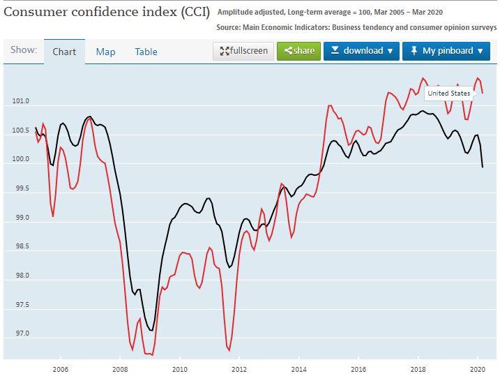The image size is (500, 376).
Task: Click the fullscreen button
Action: pos(243,51)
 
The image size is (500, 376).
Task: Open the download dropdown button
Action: pos(361,51)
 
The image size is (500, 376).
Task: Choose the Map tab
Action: pos(105,52)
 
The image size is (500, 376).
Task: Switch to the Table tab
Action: pos(146,52)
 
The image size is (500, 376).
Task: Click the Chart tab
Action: pos(65,52)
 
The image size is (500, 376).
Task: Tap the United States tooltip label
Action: pos(448,93)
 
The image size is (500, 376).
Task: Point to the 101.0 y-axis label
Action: pos(20,102)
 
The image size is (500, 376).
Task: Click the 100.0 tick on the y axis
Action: pos(20,160)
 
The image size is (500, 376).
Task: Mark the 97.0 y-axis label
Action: pos(20,334)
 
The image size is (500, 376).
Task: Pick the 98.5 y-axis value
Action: pos(20,247)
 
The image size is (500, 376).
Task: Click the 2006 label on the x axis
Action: pos(60,369)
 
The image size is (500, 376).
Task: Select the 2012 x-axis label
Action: pos(239,369)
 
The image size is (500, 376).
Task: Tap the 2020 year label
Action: pos(478,369)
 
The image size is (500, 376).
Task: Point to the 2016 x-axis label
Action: pos(358,369)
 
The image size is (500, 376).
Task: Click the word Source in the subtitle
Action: pos(230,27)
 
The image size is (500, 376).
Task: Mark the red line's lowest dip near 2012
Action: pos(229,349)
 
